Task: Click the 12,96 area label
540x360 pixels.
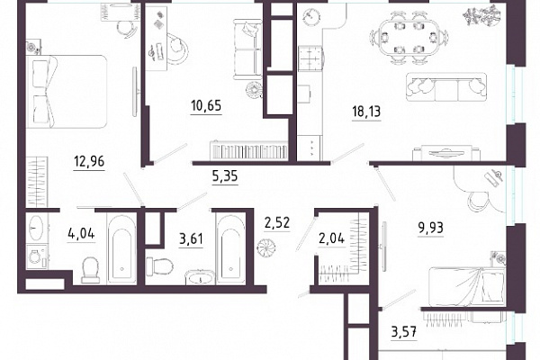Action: click(89, 161)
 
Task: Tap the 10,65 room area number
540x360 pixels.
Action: click(206, 105)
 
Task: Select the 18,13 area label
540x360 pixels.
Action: click(366, 112)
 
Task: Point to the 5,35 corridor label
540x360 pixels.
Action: click(225, 176)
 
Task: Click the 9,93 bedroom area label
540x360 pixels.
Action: click(430, 228)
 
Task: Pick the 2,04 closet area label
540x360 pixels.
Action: click(331, 238)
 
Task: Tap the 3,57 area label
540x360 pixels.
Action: click(404, 332)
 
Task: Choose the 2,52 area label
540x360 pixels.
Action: click(277, 223)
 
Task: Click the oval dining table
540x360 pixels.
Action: click(409, 36)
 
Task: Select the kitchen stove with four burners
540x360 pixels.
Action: click(310, 58)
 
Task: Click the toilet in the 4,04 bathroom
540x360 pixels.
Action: click(90, 270)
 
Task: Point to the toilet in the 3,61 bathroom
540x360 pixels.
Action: click(158, 266)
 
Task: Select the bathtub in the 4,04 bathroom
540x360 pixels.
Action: click(121, 249)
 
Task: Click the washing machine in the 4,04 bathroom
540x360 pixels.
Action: click(37, 256)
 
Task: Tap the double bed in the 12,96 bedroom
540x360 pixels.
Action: click(67, 92)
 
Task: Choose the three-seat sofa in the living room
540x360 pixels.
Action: click(446, 86)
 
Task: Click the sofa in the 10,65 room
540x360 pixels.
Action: click(247, 49)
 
